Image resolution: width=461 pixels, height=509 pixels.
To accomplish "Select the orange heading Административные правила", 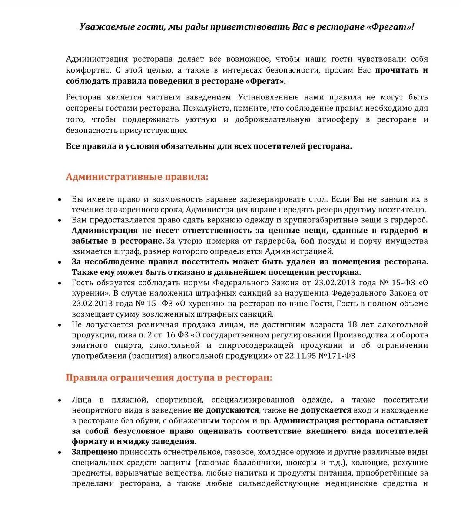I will coord(137,177).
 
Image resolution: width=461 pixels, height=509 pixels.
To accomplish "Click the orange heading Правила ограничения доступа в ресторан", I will coord(169,378).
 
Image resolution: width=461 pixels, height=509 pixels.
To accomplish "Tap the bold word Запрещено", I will coord(94,452).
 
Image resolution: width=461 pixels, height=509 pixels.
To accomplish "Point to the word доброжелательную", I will coord(272,119).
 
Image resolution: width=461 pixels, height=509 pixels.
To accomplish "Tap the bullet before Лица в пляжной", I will coord(60,400).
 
